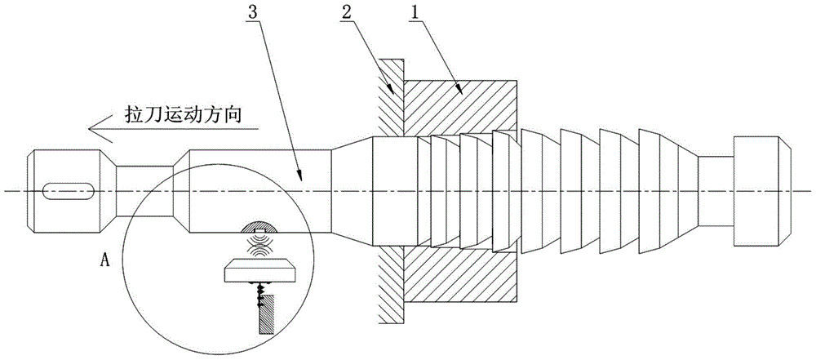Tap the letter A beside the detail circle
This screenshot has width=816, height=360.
tap(104, 260)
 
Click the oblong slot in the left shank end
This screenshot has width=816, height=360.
tap(69, 191)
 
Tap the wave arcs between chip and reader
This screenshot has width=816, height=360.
tap(261, 244)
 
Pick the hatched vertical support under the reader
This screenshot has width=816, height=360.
tap(267, 314)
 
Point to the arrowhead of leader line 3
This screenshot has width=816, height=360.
tap(300, 176)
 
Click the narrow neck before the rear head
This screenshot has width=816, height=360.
tap(715, 191)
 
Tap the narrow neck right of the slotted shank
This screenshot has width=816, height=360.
tap(144, 191)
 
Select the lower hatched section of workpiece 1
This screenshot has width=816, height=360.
tap(460, 276)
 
